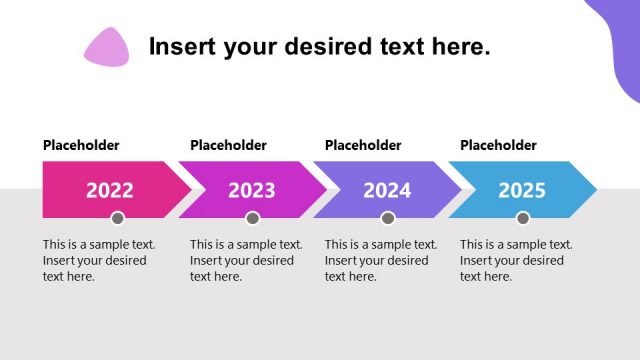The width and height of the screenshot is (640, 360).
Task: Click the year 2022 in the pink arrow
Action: [x=109, y=190]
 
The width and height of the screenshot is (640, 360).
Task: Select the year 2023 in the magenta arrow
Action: [x=251, y=190]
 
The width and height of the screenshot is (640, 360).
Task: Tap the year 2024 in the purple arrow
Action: [x=387, y=190]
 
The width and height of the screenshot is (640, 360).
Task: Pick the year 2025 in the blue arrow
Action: [x=522, y=190]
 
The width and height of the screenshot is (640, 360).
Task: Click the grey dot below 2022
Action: [x=117, y=218]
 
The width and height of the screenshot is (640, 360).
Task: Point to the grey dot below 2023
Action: [x=252, y=218]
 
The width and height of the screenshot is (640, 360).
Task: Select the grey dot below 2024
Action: [x=388, y=218]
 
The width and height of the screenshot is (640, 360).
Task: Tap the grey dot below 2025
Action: [x=523, y=218]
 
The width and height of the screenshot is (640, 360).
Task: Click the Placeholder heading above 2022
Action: [x=81, y=145]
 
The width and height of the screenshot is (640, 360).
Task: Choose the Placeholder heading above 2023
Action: [x=228, y=145]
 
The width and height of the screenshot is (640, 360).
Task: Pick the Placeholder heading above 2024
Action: [x=363, y=145]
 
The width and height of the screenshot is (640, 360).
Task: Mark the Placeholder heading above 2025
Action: [x=498, y=145]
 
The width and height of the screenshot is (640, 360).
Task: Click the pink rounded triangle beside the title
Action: [x=107, y=47]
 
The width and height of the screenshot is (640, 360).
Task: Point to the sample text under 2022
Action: [x=95, y=260]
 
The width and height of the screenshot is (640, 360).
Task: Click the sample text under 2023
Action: [x=245, y=260]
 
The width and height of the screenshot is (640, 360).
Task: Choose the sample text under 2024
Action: [x=380, y=260]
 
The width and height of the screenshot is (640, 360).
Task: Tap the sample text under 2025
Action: [x=515, y=260]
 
